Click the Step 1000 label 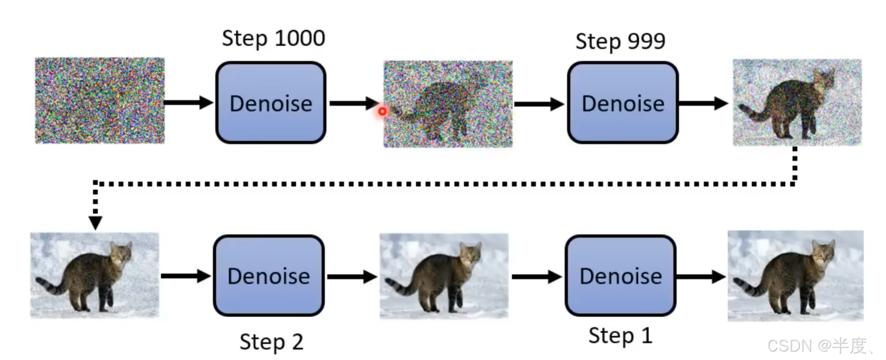pyautogui.click(x=273, y=39)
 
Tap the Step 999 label pyautogui.click(x=620, y=41)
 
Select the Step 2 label pyautogui.click(x=271, y=342)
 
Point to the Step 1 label pyautogui.click(x=620, y=335)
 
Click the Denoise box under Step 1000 pyautogui.click(x=271, y=103)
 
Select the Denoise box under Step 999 pyautogui.click(x=623, y=103)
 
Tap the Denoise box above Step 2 pyautogui.click(x=269, y=276)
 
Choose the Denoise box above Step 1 pyautogui.click(x=620, y=276)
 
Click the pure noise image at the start pyautogui.click(x=100, y=101)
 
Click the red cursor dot pyautogui.click(x=382, y=111)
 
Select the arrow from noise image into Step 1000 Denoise pyautogui.click(x=188, y=103)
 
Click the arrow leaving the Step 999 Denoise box pyautogui.click(x=703, y=103)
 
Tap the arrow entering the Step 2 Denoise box pyautogui.click(x=186, y=276)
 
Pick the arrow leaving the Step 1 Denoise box pyautogui.click(x=701, y=277)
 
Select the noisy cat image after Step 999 pyautogui.click(x=797, y=102)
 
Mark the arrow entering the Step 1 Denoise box pyautogui.click(x=536, y=277)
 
